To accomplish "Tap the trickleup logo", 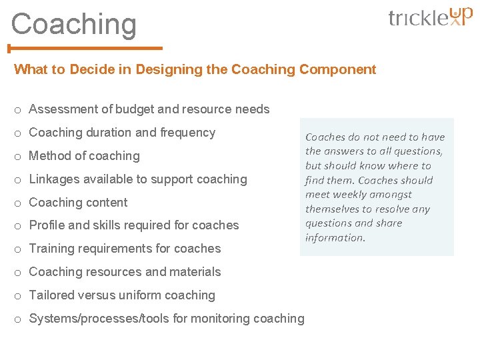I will (x=430, y=17).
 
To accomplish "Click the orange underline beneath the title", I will (x=85, y=48).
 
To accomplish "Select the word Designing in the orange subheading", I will (x=165, y=69).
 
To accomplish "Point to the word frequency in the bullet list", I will (x=188, y=133).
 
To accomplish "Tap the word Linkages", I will (x=53, y=179).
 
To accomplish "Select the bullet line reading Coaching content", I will (x=78, y=203).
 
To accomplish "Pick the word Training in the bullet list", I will (x=52, y=249).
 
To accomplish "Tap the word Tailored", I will (x=52, y=295).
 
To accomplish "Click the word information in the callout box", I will (x=335, y=238).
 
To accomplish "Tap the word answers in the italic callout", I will (x=348, y=151).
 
